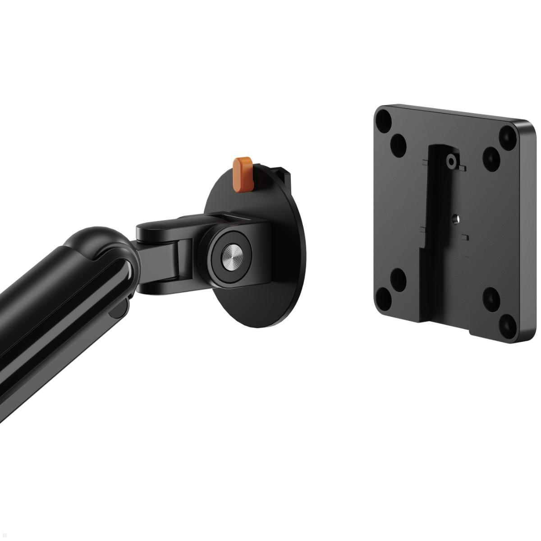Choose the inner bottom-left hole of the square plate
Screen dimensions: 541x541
(x=398, y=279)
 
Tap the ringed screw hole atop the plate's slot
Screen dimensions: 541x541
(x=450, y=160)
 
